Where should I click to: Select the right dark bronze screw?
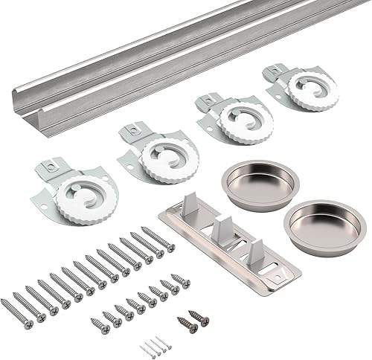pyautogui.click(x=199, y=317)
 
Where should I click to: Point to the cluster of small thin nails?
pyautogui.click(x=153, y=346)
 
